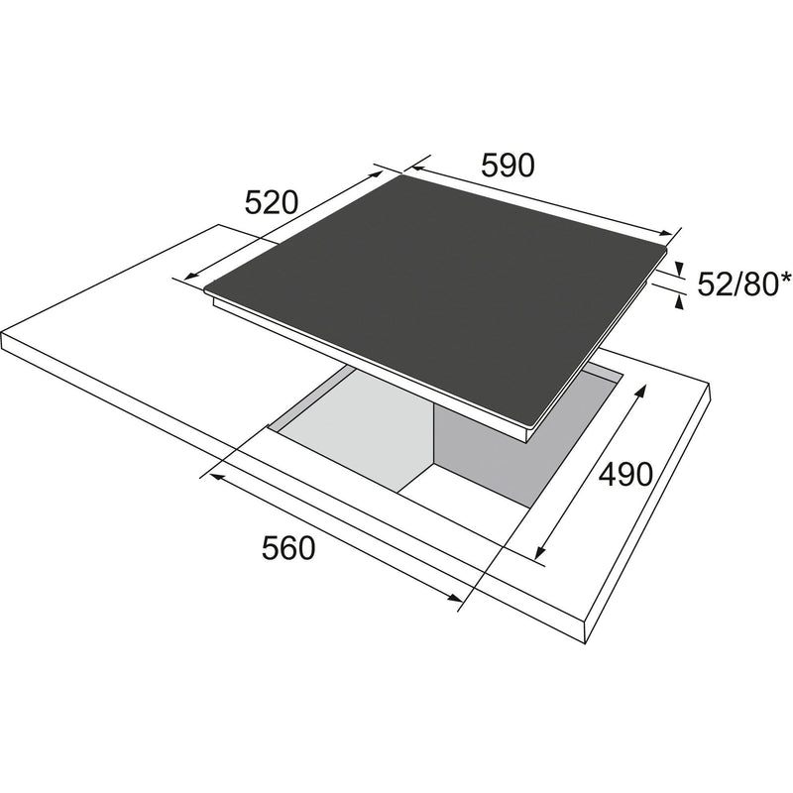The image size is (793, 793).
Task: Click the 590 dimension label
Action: click(x=508, y=165)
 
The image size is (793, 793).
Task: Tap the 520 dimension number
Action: click(x=272, y=203)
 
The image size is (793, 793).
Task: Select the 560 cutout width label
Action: click(x=288, y=548)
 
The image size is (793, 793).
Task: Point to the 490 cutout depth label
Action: click(x=625, y=475)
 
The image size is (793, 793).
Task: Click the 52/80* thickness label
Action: click(x=744, y=284)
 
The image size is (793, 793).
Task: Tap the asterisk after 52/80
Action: click(x=785, y=278)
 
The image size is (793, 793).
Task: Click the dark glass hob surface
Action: click(x=435, y=293)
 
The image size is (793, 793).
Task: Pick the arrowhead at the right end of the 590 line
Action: click(x=666, y=233)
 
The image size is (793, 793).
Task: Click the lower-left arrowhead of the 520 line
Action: click(x=191, y=276)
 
